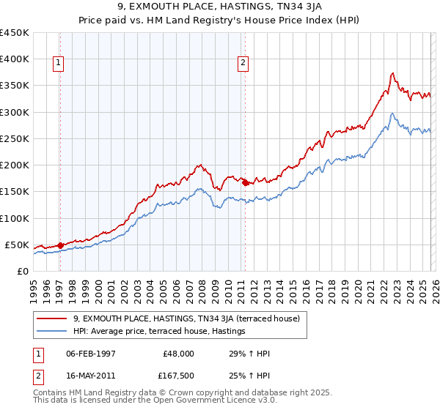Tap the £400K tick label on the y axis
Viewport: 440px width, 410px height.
pyautogui.click(x=15, y=59)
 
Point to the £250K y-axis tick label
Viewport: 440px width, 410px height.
pyautogui.click(x=15, y=138)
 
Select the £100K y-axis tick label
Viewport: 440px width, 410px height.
pyautogui.click(x=15, y=218)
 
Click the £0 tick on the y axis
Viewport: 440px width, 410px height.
pyautogui.click(x=22, y=271)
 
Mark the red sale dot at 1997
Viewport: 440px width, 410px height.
pyautogui.click(x=60, y=245)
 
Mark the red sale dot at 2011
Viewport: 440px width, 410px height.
pyautogui.click(x=245, y=183)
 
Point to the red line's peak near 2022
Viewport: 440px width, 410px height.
pyautogui.click(x=393, y=72)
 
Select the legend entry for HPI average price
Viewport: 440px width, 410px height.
pyautogui.click(x=158, y=332)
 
